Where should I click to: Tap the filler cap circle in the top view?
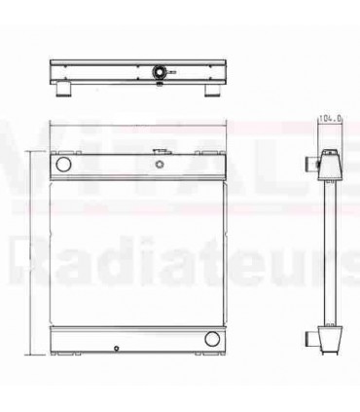(x=159, y=70)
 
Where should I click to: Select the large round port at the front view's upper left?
(x=63, y=167)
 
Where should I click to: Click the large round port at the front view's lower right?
(x=211, y=339)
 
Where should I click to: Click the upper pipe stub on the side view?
(x=317, y=163)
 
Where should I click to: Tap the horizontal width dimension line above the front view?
(x=137, y=124)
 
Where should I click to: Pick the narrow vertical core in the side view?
(x=333, y=253)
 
